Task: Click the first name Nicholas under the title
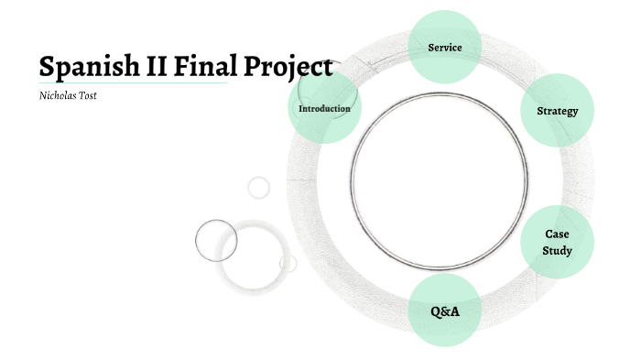(x=58, y=95)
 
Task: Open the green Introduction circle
(x=324, y=108)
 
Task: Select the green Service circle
(x=444, y=47)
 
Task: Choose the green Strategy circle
(x=557, y=111)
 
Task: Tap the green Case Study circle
(x=557, y=243)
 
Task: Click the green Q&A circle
(x=444, y=311)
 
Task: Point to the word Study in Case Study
(x=557, y=251)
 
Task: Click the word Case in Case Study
(x=557, y=235)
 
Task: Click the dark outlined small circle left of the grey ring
(x=216, y=240)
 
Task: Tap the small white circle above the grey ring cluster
(x=259, y=188)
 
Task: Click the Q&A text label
(x=444, y=311)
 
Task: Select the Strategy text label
(x=557, y=111)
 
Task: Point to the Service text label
(x=444, y=47)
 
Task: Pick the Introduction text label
(x=324, y=108)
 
